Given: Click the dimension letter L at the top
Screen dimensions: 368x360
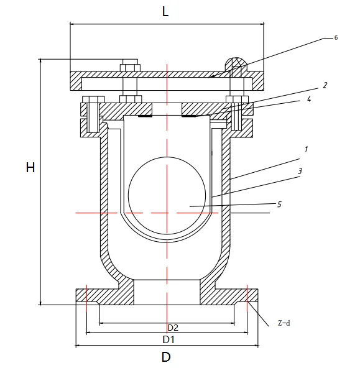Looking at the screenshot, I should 165,11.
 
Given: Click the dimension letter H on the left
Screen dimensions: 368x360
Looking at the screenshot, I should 30,168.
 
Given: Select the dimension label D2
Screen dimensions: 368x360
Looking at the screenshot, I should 173,327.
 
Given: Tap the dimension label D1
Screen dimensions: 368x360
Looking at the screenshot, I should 168,339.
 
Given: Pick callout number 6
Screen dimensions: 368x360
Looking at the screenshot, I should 336,38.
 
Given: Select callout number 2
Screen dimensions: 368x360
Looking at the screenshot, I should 325,85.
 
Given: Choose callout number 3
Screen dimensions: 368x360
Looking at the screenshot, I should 300,170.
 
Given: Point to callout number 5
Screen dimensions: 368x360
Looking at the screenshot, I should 279,203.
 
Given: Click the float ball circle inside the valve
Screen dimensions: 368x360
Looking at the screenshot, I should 166,194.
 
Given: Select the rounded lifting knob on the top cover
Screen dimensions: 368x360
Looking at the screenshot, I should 234,64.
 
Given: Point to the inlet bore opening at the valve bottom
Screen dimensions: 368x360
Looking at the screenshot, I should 166,292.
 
